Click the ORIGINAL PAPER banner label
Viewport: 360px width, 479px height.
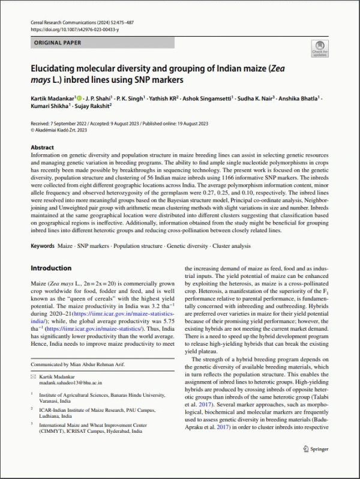tap(56, 43)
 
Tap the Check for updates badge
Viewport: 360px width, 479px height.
tap(320, 48)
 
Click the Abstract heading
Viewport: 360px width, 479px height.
tap(46, 147)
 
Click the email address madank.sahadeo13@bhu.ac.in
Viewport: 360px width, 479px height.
tap(72, 382)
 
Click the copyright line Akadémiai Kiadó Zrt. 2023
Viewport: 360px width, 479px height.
tap(59, 129)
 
